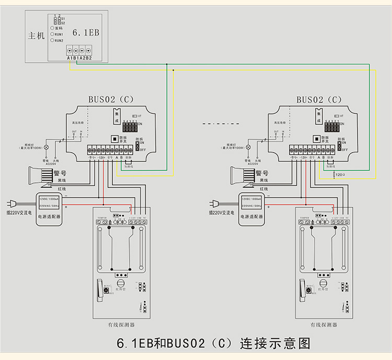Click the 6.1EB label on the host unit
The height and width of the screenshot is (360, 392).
85,32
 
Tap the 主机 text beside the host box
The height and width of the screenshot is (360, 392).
36,37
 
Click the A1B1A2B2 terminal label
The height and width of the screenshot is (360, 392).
79,58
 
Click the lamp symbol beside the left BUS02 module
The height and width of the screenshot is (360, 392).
46,148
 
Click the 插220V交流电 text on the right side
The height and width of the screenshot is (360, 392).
222,213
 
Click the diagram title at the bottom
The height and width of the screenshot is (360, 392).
213,344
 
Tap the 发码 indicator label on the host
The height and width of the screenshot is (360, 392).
58,28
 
